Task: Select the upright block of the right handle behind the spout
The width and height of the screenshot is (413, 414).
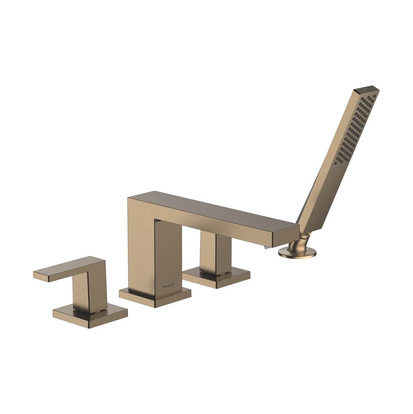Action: (215, 252)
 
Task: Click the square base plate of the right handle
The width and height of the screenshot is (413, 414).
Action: (217, 278)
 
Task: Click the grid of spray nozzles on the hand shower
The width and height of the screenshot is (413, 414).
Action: (355, 128)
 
